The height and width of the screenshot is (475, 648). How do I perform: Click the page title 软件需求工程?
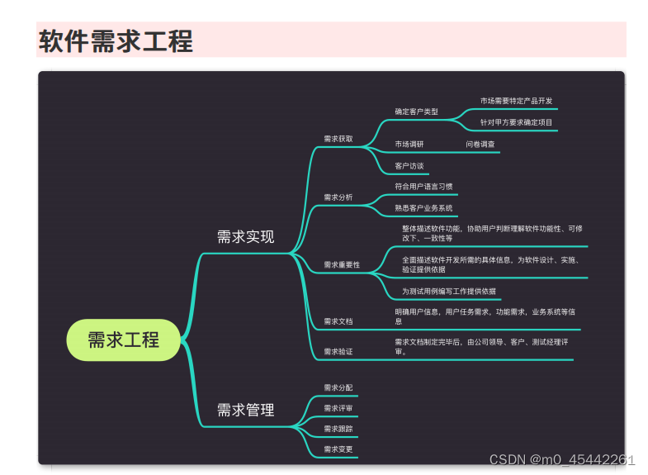click(116, 40)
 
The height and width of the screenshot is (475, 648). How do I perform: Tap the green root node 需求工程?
click(123, 340)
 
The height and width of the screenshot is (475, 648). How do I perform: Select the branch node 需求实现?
click(245, 237)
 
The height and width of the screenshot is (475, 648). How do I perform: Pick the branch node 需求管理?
click(245, 410)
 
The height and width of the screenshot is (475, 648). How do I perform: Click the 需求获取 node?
click(338, 139)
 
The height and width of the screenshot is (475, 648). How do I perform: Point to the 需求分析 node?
click(338, 197)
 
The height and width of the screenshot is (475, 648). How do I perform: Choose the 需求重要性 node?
click(342, 264)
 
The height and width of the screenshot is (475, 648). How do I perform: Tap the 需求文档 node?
click(338, 321)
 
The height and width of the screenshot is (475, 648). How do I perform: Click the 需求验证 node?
click(338, 351)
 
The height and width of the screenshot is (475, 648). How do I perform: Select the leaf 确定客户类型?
click(416, 111)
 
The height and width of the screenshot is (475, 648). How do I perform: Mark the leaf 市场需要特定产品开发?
click(516, 101)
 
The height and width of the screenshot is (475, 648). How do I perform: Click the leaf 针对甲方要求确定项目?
click(516, 122)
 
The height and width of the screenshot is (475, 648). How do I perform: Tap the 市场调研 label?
click(409, 144)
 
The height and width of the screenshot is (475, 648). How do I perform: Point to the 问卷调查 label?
click(480, 144)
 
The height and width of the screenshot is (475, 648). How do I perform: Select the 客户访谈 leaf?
click(409, 165)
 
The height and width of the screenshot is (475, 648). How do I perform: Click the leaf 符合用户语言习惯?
click(423, 187)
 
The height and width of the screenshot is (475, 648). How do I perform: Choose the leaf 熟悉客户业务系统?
click(423, 208)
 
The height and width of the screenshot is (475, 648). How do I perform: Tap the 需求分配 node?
click(338, 387)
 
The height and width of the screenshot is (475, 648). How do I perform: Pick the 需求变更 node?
click(338, 449)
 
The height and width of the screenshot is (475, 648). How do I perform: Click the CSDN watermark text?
click(562, 460)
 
